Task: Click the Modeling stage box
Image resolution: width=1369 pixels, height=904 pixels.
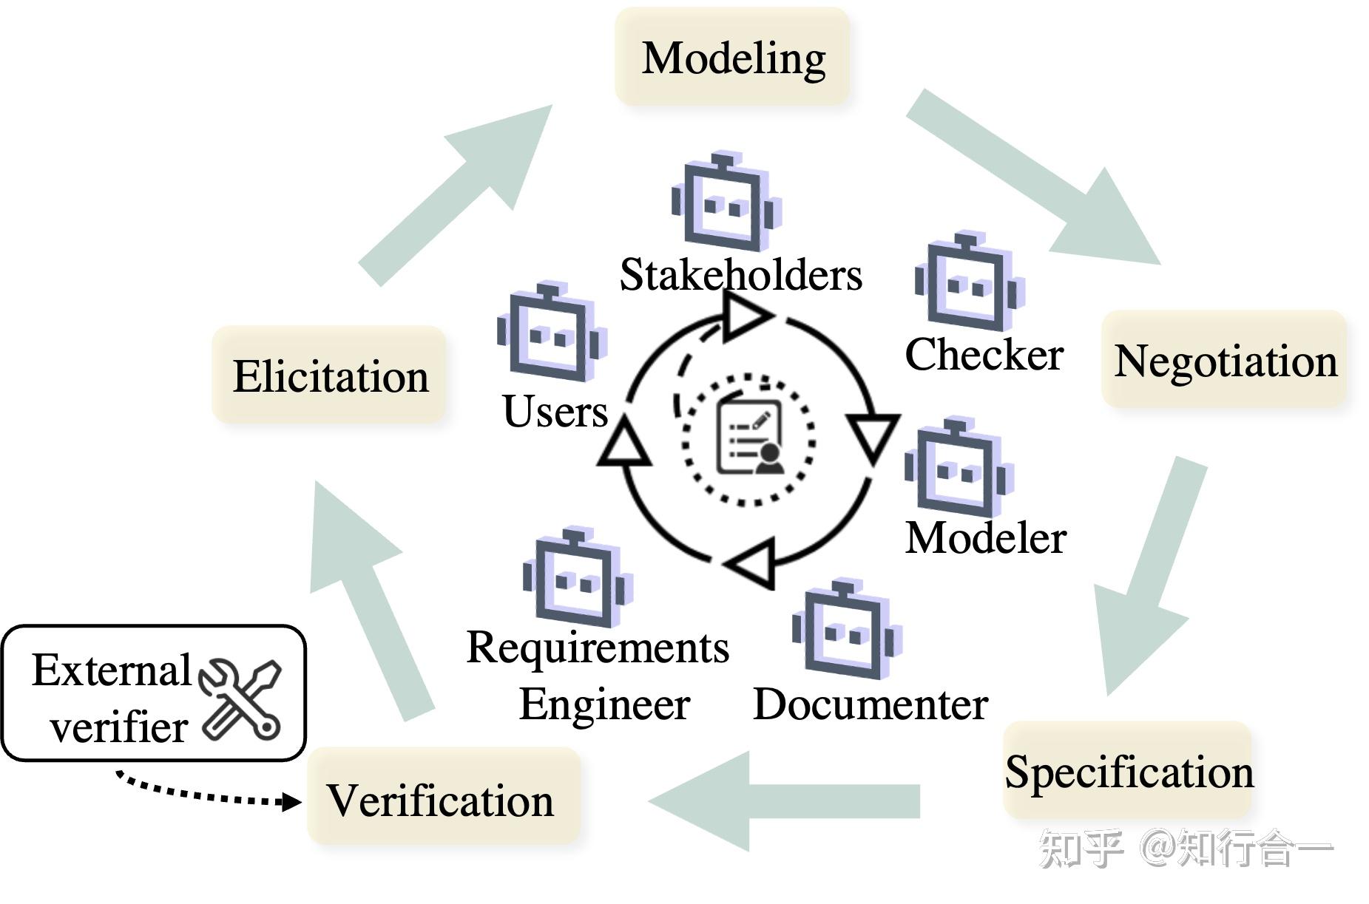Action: (731, 57)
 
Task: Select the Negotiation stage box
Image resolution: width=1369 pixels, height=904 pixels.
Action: (1223, 359)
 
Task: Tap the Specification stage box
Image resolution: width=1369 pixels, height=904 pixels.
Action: (1128, 770)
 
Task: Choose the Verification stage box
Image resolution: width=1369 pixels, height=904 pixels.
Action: (443, 796)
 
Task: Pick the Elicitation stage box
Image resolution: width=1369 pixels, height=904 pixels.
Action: (329, 375)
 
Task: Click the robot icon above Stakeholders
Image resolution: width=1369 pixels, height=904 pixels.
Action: (726, 201)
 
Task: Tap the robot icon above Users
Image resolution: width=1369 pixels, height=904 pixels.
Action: (552, 331)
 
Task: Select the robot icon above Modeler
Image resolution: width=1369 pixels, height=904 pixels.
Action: (959, 467)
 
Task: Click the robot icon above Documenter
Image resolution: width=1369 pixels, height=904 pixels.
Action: (847, 630)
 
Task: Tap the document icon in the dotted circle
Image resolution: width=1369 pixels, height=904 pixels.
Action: (749, 438)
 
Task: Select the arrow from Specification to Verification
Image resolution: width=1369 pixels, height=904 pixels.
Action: (784, 801)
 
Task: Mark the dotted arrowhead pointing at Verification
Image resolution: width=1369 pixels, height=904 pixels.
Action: (293, 801)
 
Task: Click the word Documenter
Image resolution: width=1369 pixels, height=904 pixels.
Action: (871, 704)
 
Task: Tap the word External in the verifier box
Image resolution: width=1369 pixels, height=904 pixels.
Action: (112, 671)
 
